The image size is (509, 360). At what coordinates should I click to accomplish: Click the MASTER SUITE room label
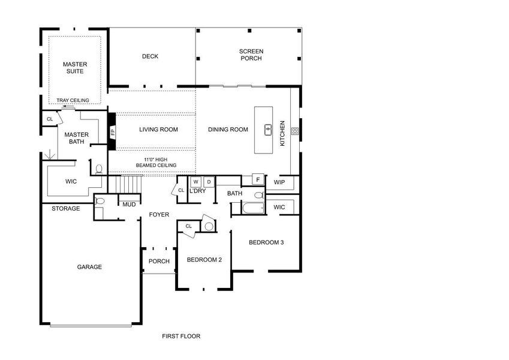(x=76, y=68)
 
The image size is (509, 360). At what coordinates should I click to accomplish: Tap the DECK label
(x=150, y=56)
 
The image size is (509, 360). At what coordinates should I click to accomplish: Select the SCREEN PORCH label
(x=251, y=55)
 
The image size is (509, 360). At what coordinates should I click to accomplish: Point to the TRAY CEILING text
(x=73, y=100)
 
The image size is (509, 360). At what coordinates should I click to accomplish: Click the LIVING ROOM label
(x=158, y=129)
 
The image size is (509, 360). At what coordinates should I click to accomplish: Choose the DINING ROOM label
(x=228, y=129)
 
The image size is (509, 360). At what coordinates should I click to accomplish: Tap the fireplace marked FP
(x=112, y=132)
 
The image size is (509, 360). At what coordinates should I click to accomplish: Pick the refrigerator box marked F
(x=258, y=179)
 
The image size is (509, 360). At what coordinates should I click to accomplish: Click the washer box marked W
(x=197, y=181)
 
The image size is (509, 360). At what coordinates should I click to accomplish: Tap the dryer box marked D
(x=209, y=181)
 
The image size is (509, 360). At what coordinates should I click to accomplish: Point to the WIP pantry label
(x=279, y=182)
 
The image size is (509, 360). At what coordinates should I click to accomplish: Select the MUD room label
(x=129, y=205)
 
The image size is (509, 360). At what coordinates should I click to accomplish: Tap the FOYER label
(x=159, y=214)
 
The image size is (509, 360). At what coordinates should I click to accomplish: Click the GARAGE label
(x=89, y=267)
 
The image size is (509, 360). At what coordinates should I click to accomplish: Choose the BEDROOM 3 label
(x=266, y=242)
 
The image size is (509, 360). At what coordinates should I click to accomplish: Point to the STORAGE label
(x=65, y=209)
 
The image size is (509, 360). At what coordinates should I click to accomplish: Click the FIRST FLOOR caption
(x=181, y=336)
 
